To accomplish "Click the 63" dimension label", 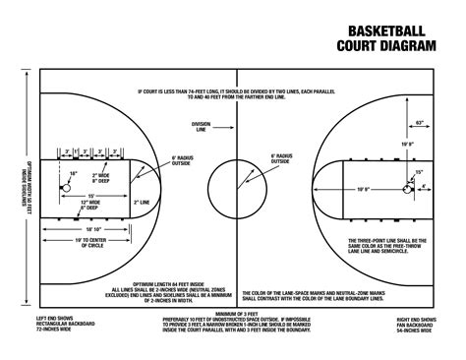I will click(x=420, y=122).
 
